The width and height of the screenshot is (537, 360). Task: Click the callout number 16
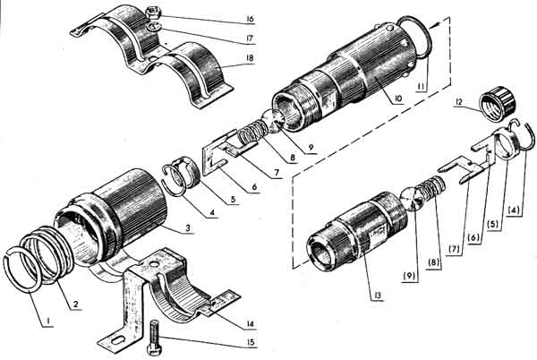click(x=251, y=19)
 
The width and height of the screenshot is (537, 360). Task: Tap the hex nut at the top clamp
click(x=152, y=13)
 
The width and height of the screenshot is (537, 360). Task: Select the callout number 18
click(x=251, y=58)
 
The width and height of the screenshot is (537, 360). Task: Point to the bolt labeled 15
click(x=154, y=337)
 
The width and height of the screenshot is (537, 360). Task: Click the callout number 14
click(x=251, y=324)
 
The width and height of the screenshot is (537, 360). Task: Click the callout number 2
click(x=75, y=304)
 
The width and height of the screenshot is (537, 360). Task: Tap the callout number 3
click(x=188, y=227)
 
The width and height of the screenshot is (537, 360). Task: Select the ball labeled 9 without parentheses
click(x=273, y=121)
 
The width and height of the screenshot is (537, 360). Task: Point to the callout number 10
click(x=397, y=99)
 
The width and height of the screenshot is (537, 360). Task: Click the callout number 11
click(x=422, y=87)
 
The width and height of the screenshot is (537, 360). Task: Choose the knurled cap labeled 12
click(x=498, y=102)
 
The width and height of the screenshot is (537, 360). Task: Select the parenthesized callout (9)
click(x=410, y=275)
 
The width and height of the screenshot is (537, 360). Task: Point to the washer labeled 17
click(x=153, y=27)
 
